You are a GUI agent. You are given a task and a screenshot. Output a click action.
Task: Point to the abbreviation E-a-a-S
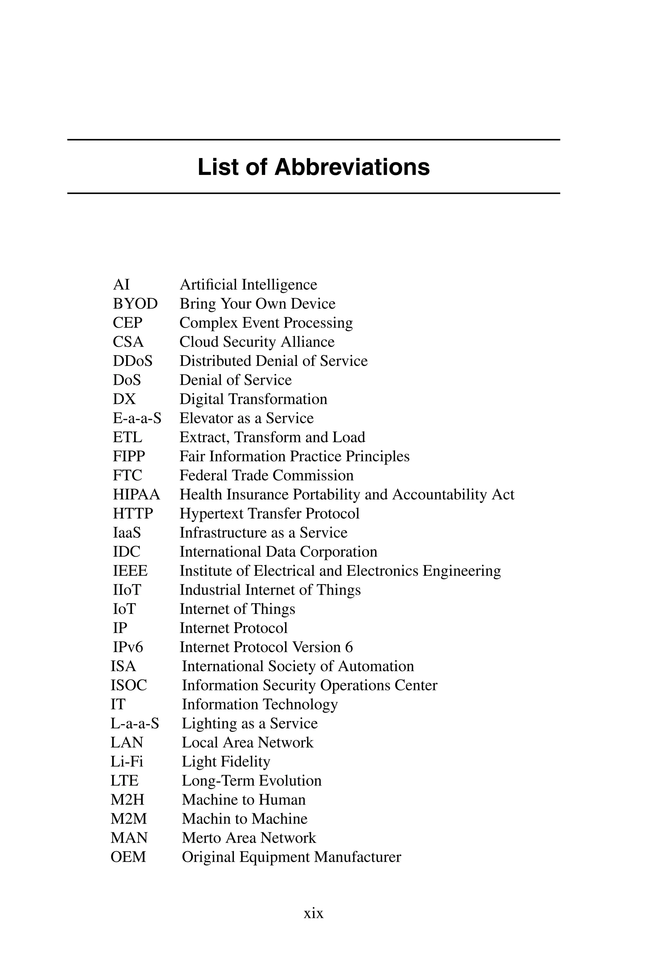pos(137,418)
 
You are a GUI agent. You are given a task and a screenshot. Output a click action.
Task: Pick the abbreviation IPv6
pos(128,647)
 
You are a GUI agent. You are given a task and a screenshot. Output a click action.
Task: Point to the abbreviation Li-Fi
pos(127,761)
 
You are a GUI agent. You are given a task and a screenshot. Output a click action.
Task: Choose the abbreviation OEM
pos(128,857)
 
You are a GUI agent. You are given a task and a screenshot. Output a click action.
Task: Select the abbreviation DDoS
pos(133,361)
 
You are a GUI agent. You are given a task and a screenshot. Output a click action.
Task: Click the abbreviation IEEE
pos(130,571)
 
